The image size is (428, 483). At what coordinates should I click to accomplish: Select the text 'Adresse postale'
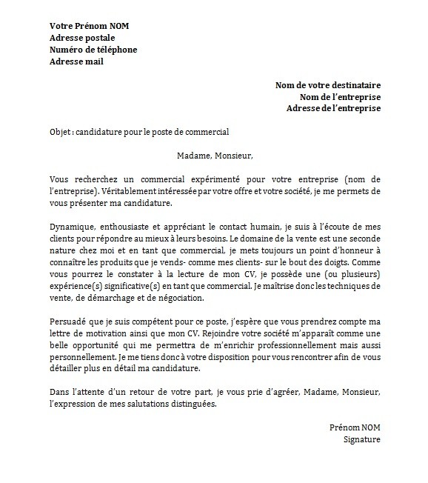pos(81,38)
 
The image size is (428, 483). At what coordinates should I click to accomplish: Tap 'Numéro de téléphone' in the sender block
pos(93,50)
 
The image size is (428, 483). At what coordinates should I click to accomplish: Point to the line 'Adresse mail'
pos(76,61)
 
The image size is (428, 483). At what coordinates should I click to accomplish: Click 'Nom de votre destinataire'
pos(328,85)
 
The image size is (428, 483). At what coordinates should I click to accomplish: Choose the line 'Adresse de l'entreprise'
pos(333,108)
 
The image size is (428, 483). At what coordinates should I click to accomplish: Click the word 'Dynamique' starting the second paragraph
pos(73,227)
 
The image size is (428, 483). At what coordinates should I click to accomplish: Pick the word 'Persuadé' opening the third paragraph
pos(69,322)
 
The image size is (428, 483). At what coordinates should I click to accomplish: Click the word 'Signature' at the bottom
pos(362,439)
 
